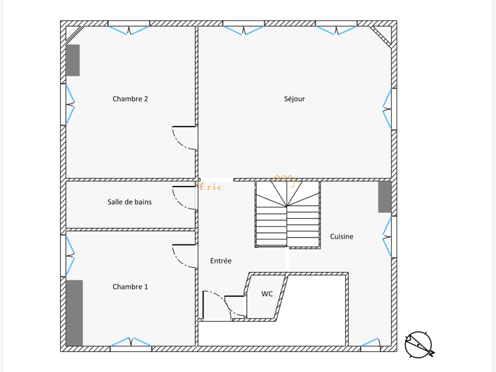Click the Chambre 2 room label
coord(130,99)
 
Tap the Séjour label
coord(294,99)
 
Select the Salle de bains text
coord(129,202)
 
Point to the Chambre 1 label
coord(130,287)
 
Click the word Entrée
coord(221,261)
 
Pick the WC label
coord(267,294)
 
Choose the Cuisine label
coord(342,237)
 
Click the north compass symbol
coord(418,345)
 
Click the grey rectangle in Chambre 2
coord(73,60)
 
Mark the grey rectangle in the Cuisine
coord(385,197)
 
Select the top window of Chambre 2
coord(129,30)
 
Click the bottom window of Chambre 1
coord(131,343)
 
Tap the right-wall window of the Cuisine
coord(387,237)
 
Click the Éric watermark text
coord(211,187)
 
